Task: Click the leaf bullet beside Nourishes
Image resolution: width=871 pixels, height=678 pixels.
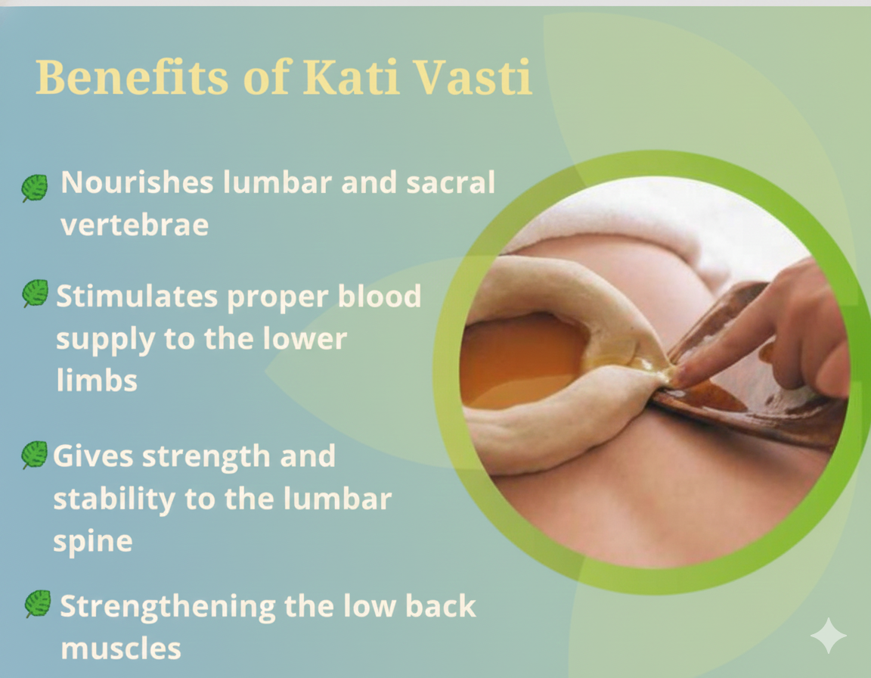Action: pos(34,188)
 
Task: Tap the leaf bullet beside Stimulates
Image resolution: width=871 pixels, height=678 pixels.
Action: pos(35,293)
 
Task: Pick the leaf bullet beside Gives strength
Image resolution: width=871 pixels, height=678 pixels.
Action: pos(34,455)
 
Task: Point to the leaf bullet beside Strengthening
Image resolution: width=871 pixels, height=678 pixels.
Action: pos(37,604)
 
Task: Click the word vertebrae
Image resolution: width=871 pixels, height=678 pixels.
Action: pos(135,225)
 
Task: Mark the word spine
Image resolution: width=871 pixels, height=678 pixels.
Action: pos(92,541)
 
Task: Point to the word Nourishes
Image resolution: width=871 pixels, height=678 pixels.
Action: pos(137,183)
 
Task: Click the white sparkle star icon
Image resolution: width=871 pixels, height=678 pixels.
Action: pos(828,636)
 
